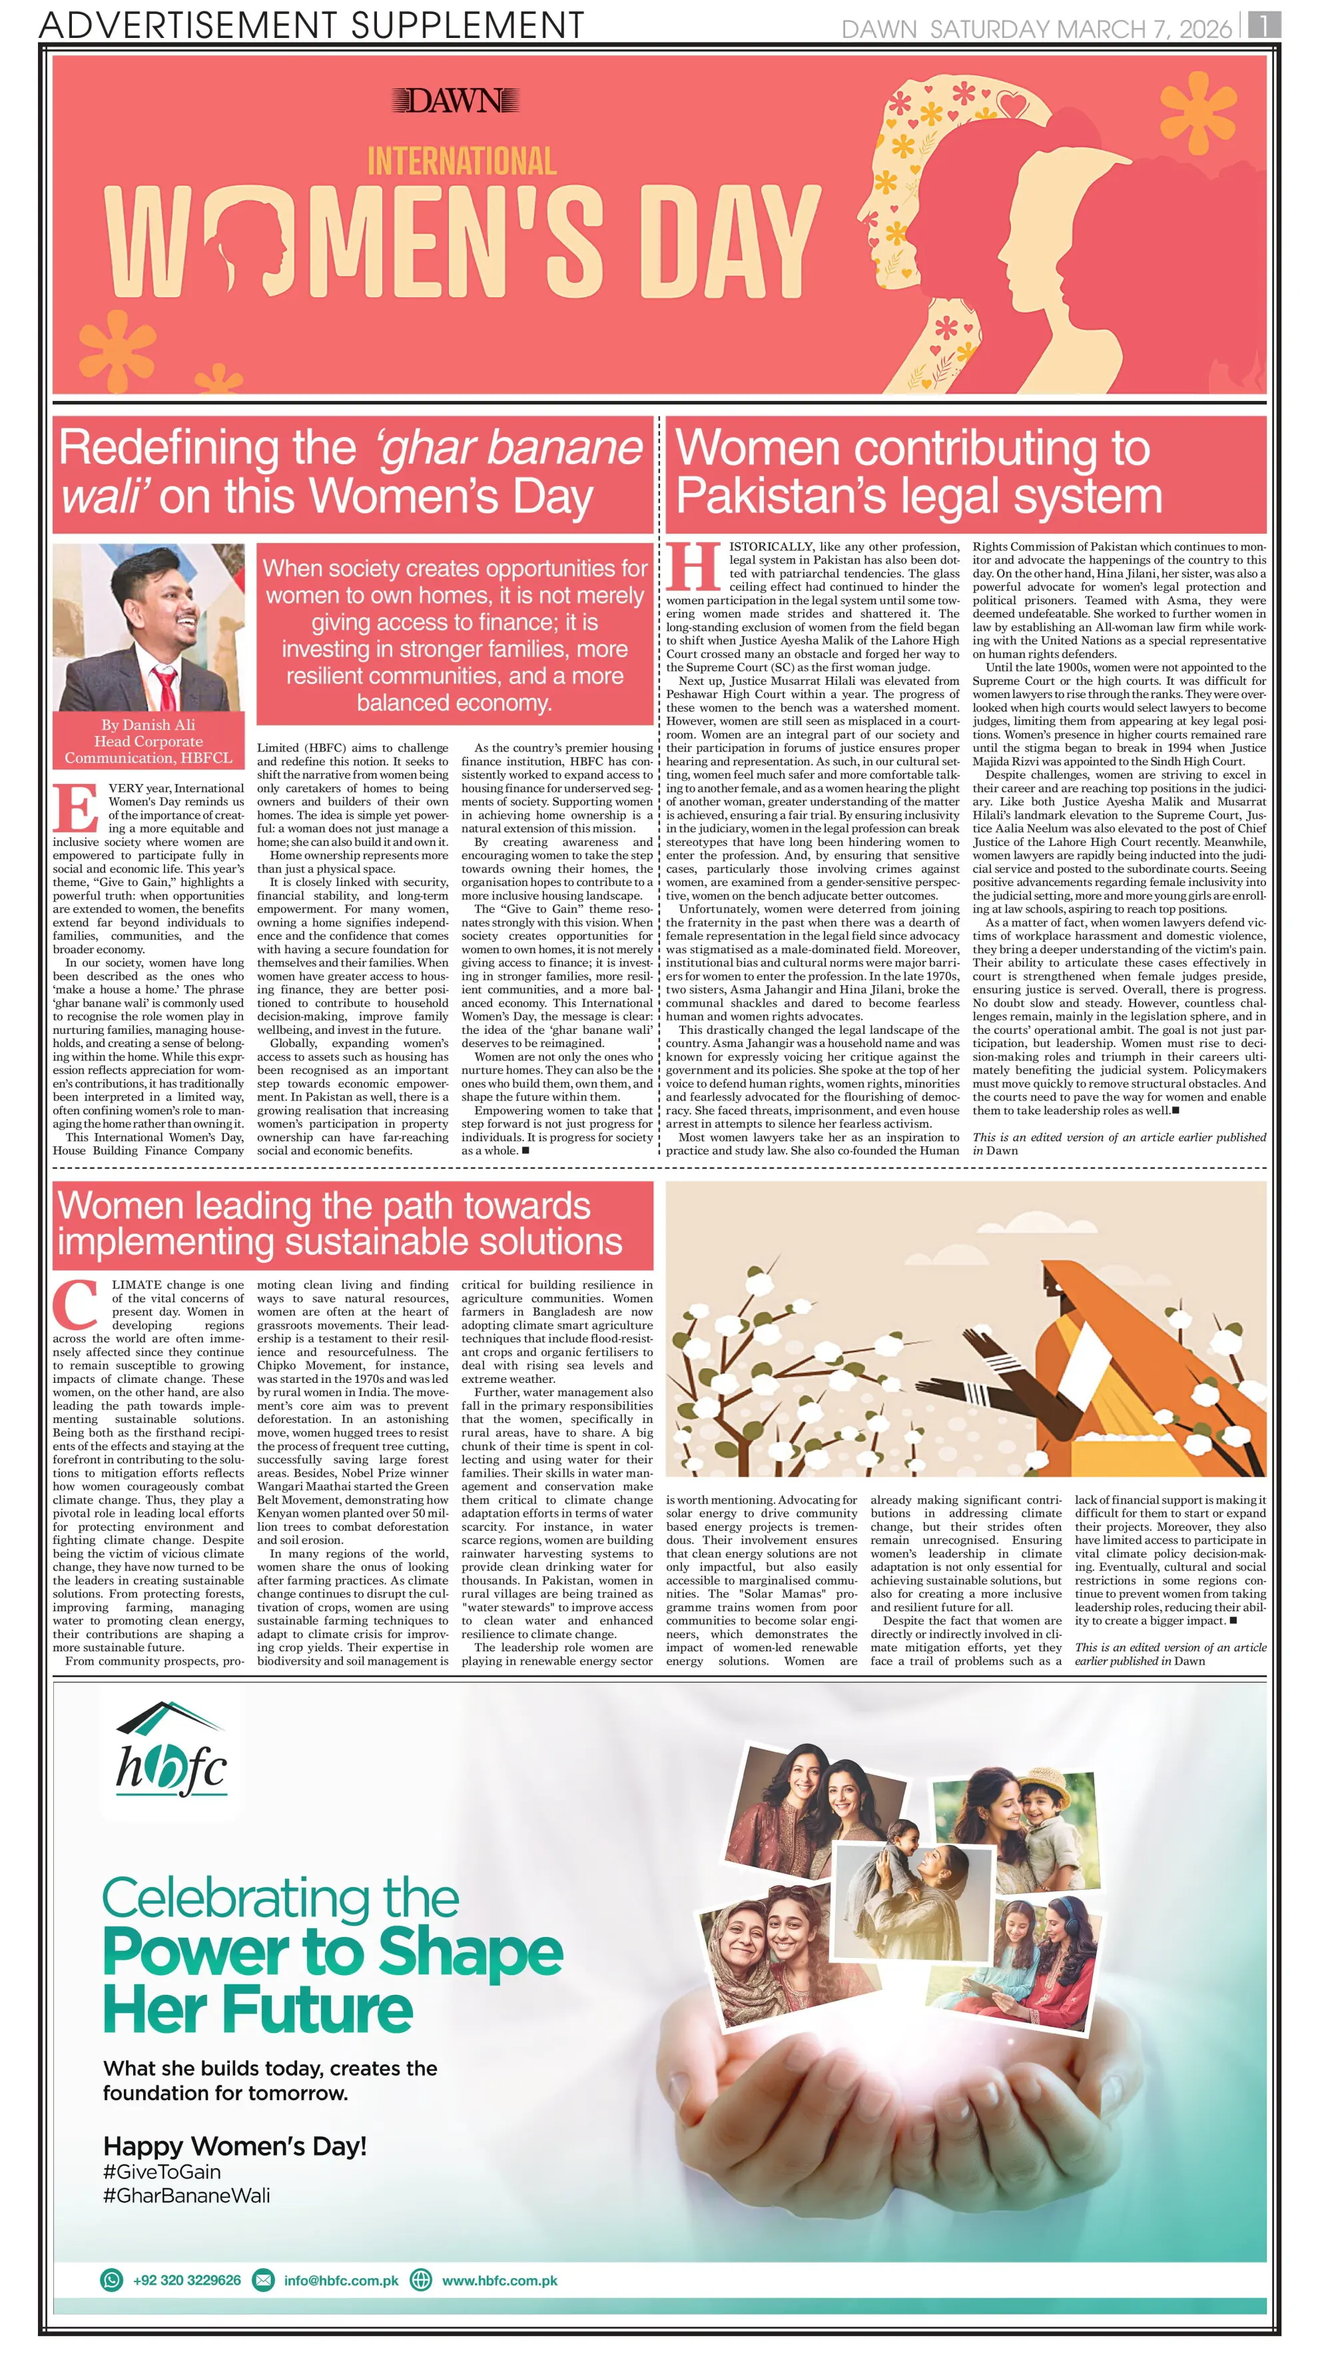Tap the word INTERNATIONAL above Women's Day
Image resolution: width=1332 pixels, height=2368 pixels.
coord(462,162)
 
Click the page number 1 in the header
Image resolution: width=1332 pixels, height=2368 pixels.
coord(1264,26)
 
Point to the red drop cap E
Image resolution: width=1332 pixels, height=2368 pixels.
coord(77,809)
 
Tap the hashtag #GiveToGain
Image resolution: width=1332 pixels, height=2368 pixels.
coord(162,2171)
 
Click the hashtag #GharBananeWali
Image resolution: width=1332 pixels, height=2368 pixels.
coord(186,2195)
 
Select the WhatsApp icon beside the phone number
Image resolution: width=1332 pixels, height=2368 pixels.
coord(111,2280)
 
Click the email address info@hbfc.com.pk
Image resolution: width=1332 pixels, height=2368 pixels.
coord(341,2280)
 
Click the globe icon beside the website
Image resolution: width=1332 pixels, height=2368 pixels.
coord(421,2280)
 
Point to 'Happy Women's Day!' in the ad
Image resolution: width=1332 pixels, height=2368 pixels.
coord(234,2146)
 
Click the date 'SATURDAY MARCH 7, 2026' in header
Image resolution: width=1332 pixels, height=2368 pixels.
coord(1080,29)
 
